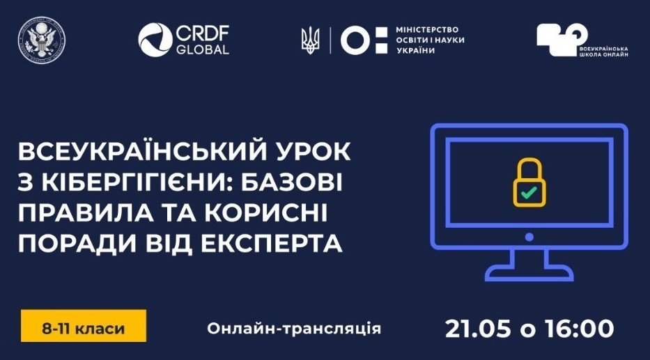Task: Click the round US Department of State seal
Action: (42, 40)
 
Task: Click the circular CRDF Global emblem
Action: (155, 40)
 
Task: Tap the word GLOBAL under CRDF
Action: (202, 49)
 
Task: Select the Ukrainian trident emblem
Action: (311, 40)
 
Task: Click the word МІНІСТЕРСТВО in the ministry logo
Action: (427, 30)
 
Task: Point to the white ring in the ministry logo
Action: (355, 40)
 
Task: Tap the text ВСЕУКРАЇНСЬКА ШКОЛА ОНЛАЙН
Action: (603, 52)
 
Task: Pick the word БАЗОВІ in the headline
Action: (292, 182)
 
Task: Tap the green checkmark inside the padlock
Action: (529, 192)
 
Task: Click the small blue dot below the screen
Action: (529, 237)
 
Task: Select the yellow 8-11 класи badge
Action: (84, 326)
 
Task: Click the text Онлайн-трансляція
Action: (294, 328)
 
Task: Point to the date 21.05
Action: (478, 329)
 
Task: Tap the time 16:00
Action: (580, 329)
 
